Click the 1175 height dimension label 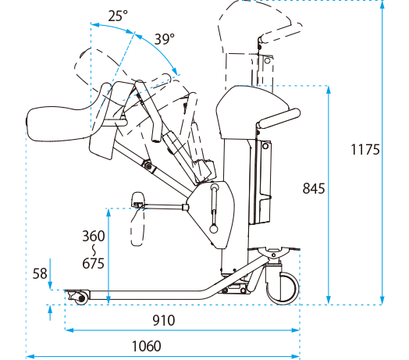365,150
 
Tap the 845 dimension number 314,188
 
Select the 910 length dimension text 164,320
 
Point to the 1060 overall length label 146,346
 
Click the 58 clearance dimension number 40,273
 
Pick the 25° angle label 118,16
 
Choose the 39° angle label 165,39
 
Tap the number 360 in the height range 94,236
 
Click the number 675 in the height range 94,263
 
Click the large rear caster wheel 283,288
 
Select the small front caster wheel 81,298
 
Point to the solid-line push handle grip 279,119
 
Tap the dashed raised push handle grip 280,33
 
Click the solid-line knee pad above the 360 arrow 137,200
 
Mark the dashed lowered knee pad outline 137,226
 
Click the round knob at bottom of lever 214,230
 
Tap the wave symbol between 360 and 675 94,250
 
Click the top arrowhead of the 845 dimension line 329,90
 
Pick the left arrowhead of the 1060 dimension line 30,356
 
